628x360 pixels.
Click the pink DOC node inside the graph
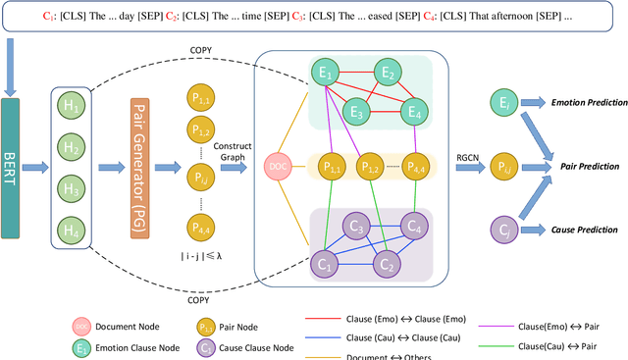coord(278,168)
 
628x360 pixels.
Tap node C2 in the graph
coord(386,262)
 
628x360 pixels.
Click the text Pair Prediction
coord(581,168)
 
